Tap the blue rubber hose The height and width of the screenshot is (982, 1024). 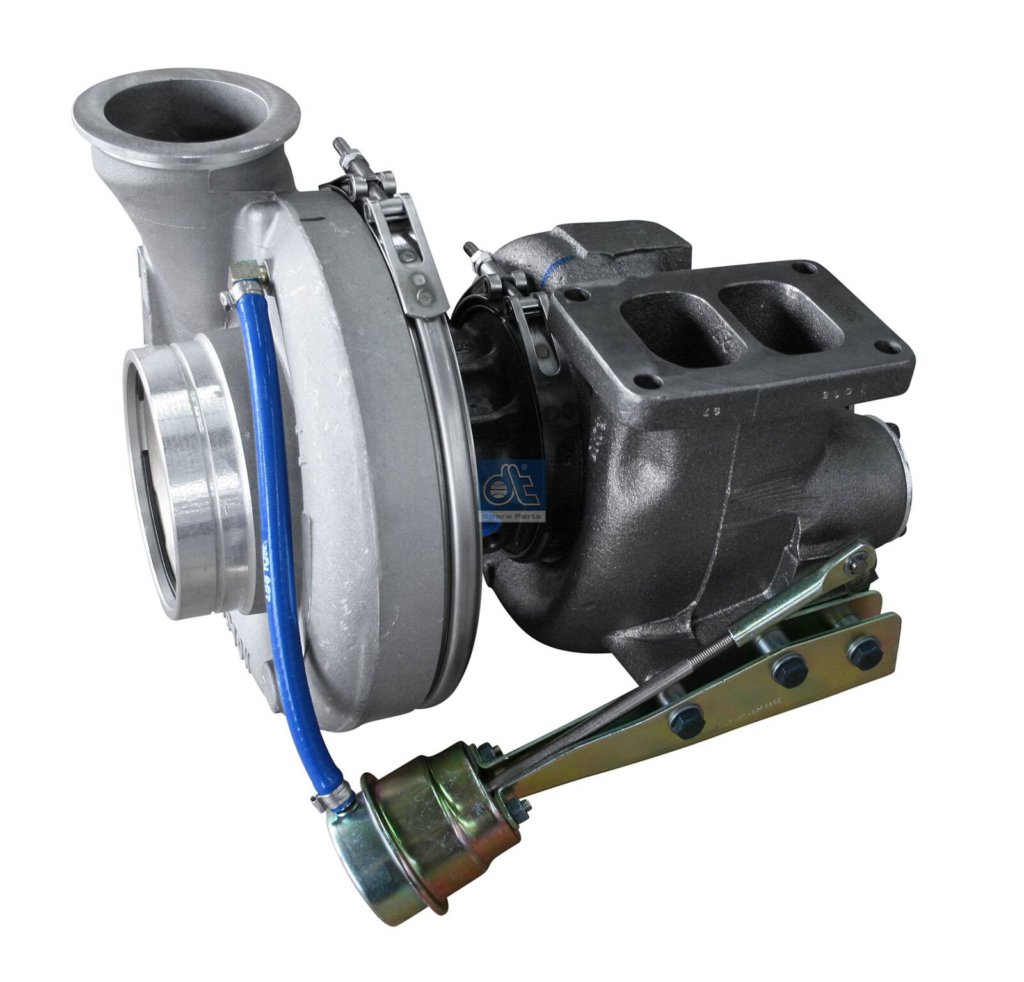[269, 448]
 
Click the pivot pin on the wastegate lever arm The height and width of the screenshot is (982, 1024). [855, 563]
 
